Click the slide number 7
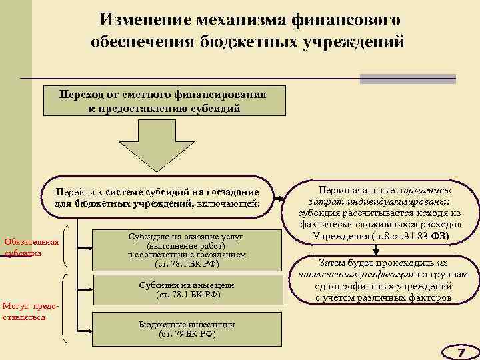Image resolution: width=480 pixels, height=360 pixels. pyautogui.click(x=460, y=351)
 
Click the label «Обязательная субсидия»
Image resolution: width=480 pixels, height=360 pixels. pyautogui.click(x=31, y=247)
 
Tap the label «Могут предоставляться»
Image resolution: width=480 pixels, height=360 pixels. pyautogui.click(x=30, y=311)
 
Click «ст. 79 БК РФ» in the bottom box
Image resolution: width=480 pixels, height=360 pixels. pyautogui.click(x=187, y=333)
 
